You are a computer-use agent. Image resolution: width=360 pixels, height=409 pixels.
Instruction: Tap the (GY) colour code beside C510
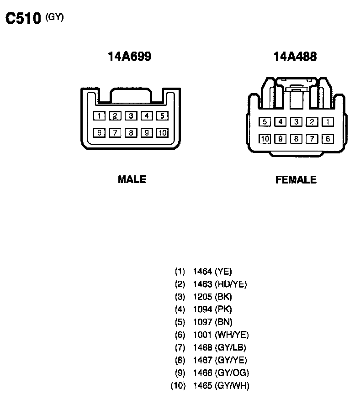[x=55, y=17]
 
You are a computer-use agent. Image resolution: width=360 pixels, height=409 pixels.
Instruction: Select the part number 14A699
[x=130, y=57]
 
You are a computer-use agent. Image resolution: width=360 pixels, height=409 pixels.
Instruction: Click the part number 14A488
[x=295, y=57]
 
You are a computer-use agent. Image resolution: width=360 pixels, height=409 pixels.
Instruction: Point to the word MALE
[x=132, y=179]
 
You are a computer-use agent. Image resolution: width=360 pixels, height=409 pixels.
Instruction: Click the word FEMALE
[x=296, y=180]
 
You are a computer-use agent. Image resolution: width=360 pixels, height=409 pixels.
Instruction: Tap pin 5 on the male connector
[x=162, y=116]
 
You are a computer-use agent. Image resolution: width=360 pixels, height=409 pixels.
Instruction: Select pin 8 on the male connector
[x=131, y=133]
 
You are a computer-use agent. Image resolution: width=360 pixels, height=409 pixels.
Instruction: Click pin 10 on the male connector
[x=162, y=133]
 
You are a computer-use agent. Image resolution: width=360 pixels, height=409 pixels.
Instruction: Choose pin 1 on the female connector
[x=327, y=122]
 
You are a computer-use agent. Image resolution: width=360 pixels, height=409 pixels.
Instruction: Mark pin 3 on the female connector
[x=296, y=122]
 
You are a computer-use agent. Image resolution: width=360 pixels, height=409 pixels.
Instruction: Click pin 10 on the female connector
[x=265, y=139]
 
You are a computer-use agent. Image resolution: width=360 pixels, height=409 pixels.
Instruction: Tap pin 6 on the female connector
[x=327, y=139]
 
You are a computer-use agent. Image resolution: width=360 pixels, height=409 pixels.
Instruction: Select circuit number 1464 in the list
[x=202, y=272]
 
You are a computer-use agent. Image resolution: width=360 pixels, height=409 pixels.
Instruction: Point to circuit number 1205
[x=202, y=297]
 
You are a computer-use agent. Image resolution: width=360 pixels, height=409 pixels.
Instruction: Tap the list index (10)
[x=178, y=386]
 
